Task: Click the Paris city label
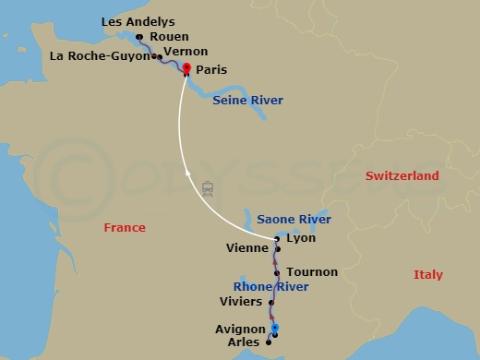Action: tap(211, 69)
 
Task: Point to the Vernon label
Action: tap(185, 52)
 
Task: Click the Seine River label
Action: tap(247, 100)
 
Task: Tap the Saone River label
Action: tap(293, 219)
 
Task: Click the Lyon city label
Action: tap(302, 238)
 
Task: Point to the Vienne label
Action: tap(247, 248)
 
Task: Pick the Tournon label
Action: tap(312, 272)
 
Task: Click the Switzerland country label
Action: tap(402, 175)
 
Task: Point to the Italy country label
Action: tap(428, 274)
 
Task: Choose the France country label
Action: tap(125, 227)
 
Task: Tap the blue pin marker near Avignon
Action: tap(275, 329)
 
